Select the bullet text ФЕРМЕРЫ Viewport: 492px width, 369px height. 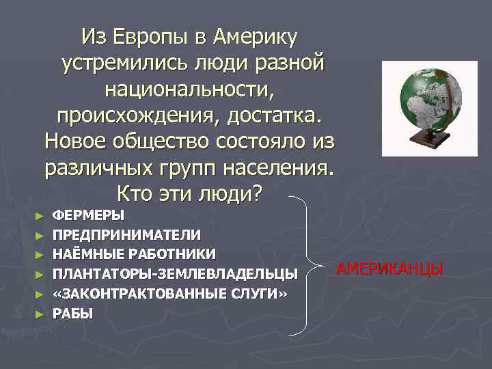coord(89,215)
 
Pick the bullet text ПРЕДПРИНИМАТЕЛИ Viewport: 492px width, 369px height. coord(127,234)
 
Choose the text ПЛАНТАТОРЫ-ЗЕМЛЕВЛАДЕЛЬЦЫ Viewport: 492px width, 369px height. coord(176,274)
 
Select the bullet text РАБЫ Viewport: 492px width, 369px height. coord(73,313)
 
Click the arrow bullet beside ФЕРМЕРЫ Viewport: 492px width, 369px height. coord(40,216)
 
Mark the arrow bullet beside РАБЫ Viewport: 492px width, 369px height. coord(40,314)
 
